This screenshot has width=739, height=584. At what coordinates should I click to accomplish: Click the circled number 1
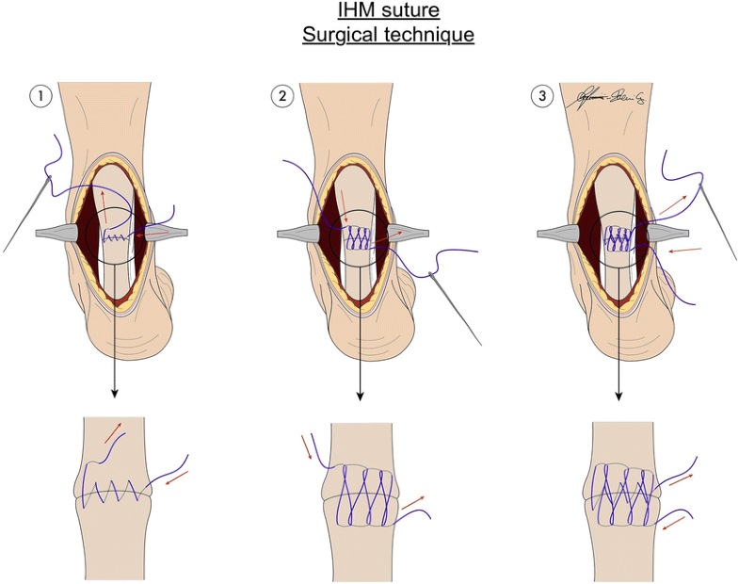[40, 95]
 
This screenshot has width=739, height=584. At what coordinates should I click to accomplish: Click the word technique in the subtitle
[427, 36]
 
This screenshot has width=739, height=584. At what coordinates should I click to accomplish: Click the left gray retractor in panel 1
[61, 232]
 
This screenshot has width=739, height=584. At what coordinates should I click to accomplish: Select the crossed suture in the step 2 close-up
[361, 494]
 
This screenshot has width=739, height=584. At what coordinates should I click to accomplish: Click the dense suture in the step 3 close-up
[620, 493]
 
